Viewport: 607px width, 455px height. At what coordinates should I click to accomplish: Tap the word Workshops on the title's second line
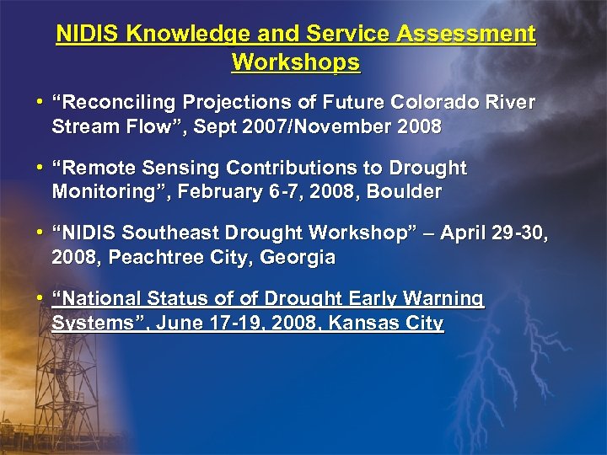295,62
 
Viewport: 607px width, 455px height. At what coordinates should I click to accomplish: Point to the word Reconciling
127,103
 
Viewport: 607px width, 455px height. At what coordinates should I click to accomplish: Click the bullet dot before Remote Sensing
40,169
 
